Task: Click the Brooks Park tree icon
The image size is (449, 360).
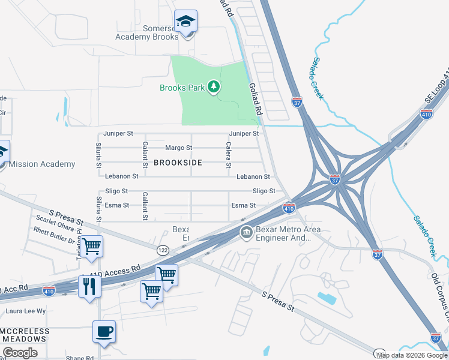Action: click(x=214, y=88)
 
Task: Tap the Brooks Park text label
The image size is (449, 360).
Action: click(x=182, y=88)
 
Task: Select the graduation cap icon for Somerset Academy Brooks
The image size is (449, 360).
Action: click(x=186, y=22)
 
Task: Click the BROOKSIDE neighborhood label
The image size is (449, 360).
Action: click(x=178, y=163)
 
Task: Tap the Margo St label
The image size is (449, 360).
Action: click(x=178, y=148)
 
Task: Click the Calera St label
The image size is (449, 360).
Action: click(x=228, y=154)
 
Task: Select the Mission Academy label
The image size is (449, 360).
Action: click(x=42, y=164)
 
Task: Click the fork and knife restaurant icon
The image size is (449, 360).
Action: click(x=90, y=286)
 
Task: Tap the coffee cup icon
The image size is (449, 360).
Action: click(x=104, y=331)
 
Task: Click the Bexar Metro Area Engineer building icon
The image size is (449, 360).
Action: click(x=246, y=233)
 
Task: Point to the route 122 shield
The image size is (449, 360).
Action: click(x=163, y=249)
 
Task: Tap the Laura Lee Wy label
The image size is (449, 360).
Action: click(x=26, y=311)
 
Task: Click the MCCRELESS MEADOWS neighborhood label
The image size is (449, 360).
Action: click(x=24, y=335)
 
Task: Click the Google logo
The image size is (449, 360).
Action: click(x=20, y=353)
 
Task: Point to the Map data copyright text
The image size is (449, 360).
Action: click(x=412, y=355)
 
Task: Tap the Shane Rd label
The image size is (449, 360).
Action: click(x=80, y=358)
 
